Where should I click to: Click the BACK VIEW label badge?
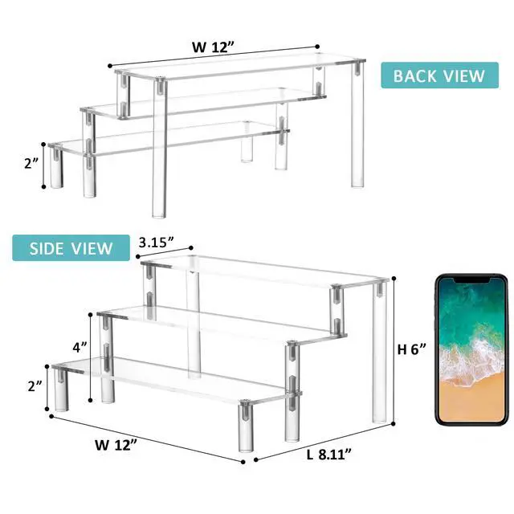click(439, 75)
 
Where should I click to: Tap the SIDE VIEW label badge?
click(71, 248)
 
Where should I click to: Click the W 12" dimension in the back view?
click(214, 47)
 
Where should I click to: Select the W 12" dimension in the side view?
click(116, 445)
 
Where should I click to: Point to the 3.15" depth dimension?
click(156, 243)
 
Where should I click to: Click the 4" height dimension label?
click(80, 347)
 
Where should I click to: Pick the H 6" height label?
click(412, 349)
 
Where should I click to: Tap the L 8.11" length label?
click(328, 455)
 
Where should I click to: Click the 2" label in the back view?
click(32, 163)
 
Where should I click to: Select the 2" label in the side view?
click(35, 386)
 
